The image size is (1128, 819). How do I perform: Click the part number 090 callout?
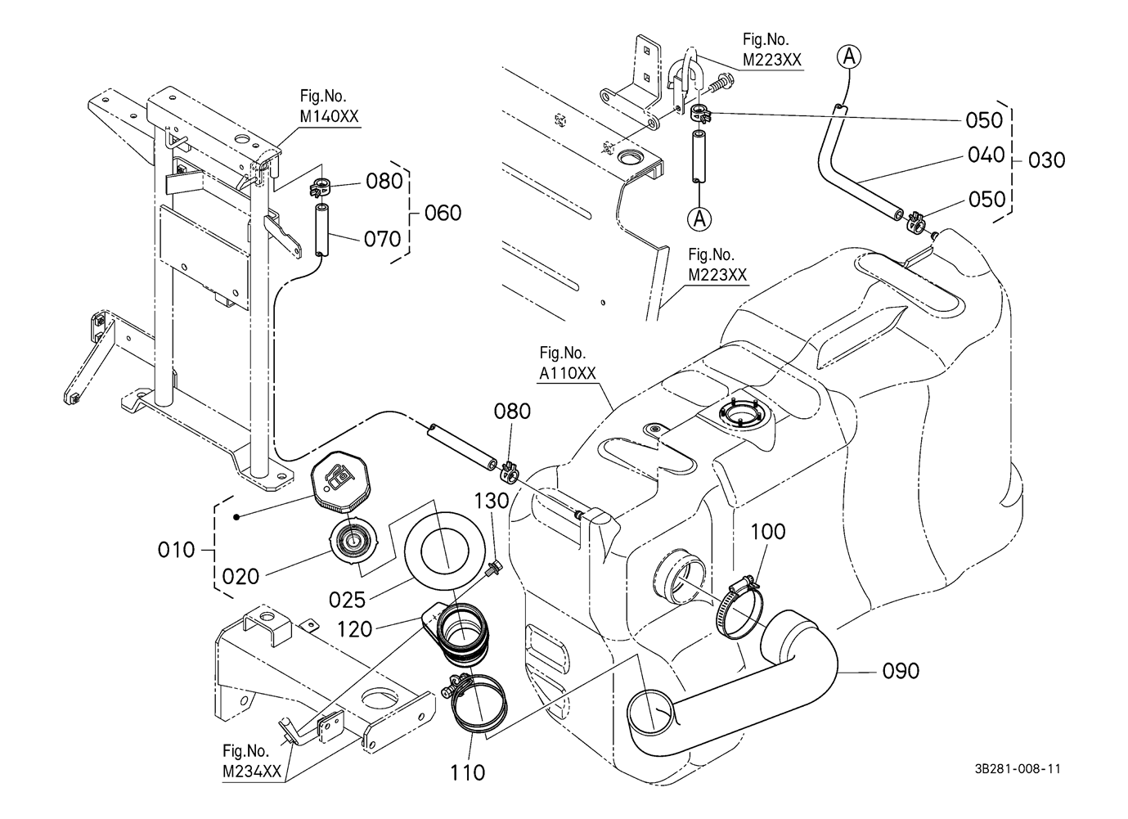[x=901, y=671]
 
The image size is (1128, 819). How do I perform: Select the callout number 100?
[x=767, y=532]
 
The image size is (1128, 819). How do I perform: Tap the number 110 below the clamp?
[x=467, y=772]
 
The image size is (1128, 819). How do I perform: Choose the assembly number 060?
[x=443, y=214]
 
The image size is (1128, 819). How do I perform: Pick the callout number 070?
[x=383, y=239]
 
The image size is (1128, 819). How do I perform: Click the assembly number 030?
[x=1047, y=160]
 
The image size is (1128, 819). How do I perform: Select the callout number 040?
[x=986, y=155]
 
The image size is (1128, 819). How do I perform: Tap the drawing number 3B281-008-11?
[x=1018, y=769]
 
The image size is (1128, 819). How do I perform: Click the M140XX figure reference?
[x=329, y=116]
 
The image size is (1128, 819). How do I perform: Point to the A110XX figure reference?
[x=567, y=373]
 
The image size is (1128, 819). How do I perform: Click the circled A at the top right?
[x=849, y=56]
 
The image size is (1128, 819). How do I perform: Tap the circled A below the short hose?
[x=698, y=218]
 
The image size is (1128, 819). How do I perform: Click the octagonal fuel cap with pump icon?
[x=342, y=481]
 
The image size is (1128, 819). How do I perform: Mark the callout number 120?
[x=356, y=629]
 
